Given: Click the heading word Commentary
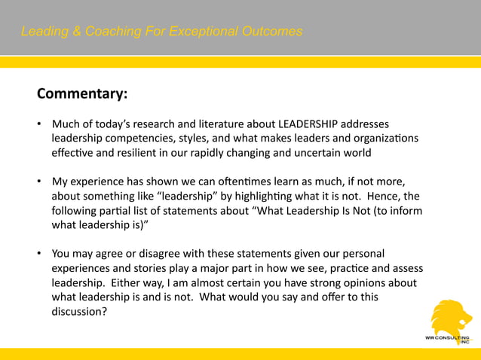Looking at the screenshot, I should coord(81,94).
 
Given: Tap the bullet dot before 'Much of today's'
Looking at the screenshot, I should coord(40,124).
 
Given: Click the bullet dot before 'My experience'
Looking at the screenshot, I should coord(40,182).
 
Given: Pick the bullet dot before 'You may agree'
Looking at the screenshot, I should coord(40,255).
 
